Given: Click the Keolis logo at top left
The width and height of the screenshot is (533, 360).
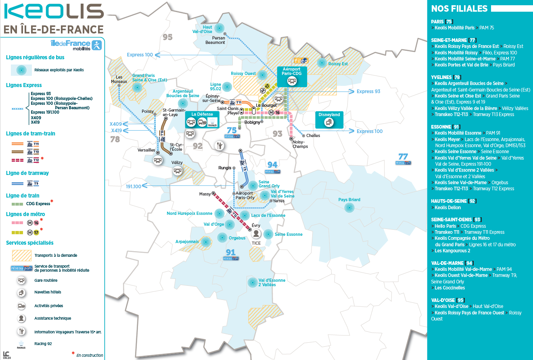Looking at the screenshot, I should click(53, 12).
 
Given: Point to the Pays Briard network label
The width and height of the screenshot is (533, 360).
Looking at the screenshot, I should click(349, 200).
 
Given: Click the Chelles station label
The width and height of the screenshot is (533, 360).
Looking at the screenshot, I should click(313, 135).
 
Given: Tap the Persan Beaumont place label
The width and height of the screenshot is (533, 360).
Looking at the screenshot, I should click(215, 40).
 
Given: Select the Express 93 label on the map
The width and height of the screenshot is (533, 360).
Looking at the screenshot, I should click(368, 92).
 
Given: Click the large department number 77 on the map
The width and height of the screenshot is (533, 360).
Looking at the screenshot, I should click(403, 156).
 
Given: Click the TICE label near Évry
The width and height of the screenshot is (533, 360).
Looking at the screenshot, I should click(256, 243).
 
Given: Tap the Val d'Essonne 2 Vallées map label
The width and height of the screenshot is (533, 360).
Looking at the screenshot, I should click(272, 283).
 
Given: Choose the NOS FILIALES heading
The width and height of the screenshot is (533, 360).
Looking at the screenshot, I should click(459, 9).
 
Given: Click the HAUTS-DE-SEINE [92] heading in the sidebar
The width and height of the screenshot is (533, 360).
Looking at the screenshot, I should click(454, 201).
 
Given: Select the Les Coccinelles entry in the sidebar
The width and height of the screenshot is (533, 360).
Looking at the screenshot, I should click(449, 288).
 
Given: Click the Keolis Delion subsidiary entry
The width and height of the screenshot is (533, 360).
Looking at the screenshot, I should click(447, 207).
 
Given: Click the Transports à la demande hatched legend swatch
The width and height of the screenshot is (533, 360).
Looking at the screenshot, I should click(21, 255).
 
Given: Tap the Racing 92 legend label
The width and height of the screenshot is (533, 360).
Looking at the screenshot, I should click(43, 344).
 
